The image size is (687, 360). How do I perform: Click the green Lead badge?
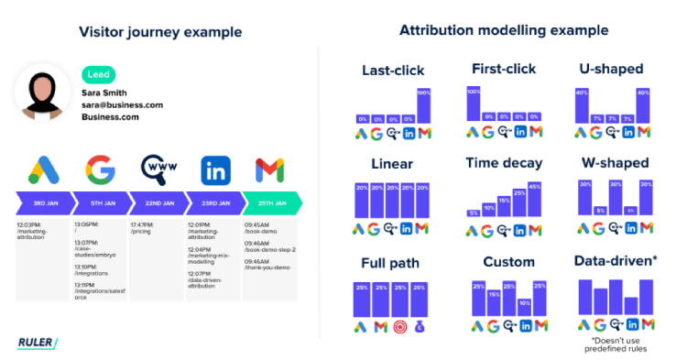coord(99,74)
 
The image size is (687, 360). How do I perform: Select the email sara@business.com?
coord(122,105)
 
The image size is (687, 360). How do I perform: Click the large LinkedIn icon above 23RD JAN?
coord(215,169)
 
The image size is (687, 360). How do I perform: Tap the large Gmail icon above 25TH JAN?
coord(269,169)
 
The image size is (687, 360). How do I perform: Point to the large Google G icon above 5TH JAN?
coord(101,169)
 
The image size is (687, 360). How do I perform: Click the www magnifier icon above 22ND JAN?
coord(158,169)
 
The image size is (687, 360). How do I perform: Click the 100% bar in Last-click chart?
coord(423,105)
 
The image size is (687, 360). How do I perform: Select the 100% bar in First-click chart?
coord(473,104)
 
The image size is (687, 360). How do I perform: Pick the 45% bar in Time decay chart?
coord(535,200)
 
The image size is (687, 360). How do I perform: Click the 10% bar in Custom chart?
coord(523,307)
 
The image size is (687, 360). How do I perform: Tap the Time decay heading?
coord(503,163)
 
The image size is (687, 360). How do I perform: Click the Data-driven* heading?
coord(615,262)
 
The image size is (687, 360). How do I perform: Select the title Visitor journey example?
coord(160,32)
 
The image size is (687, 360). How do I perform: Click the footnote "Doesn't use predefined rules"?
coord(616,344)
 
